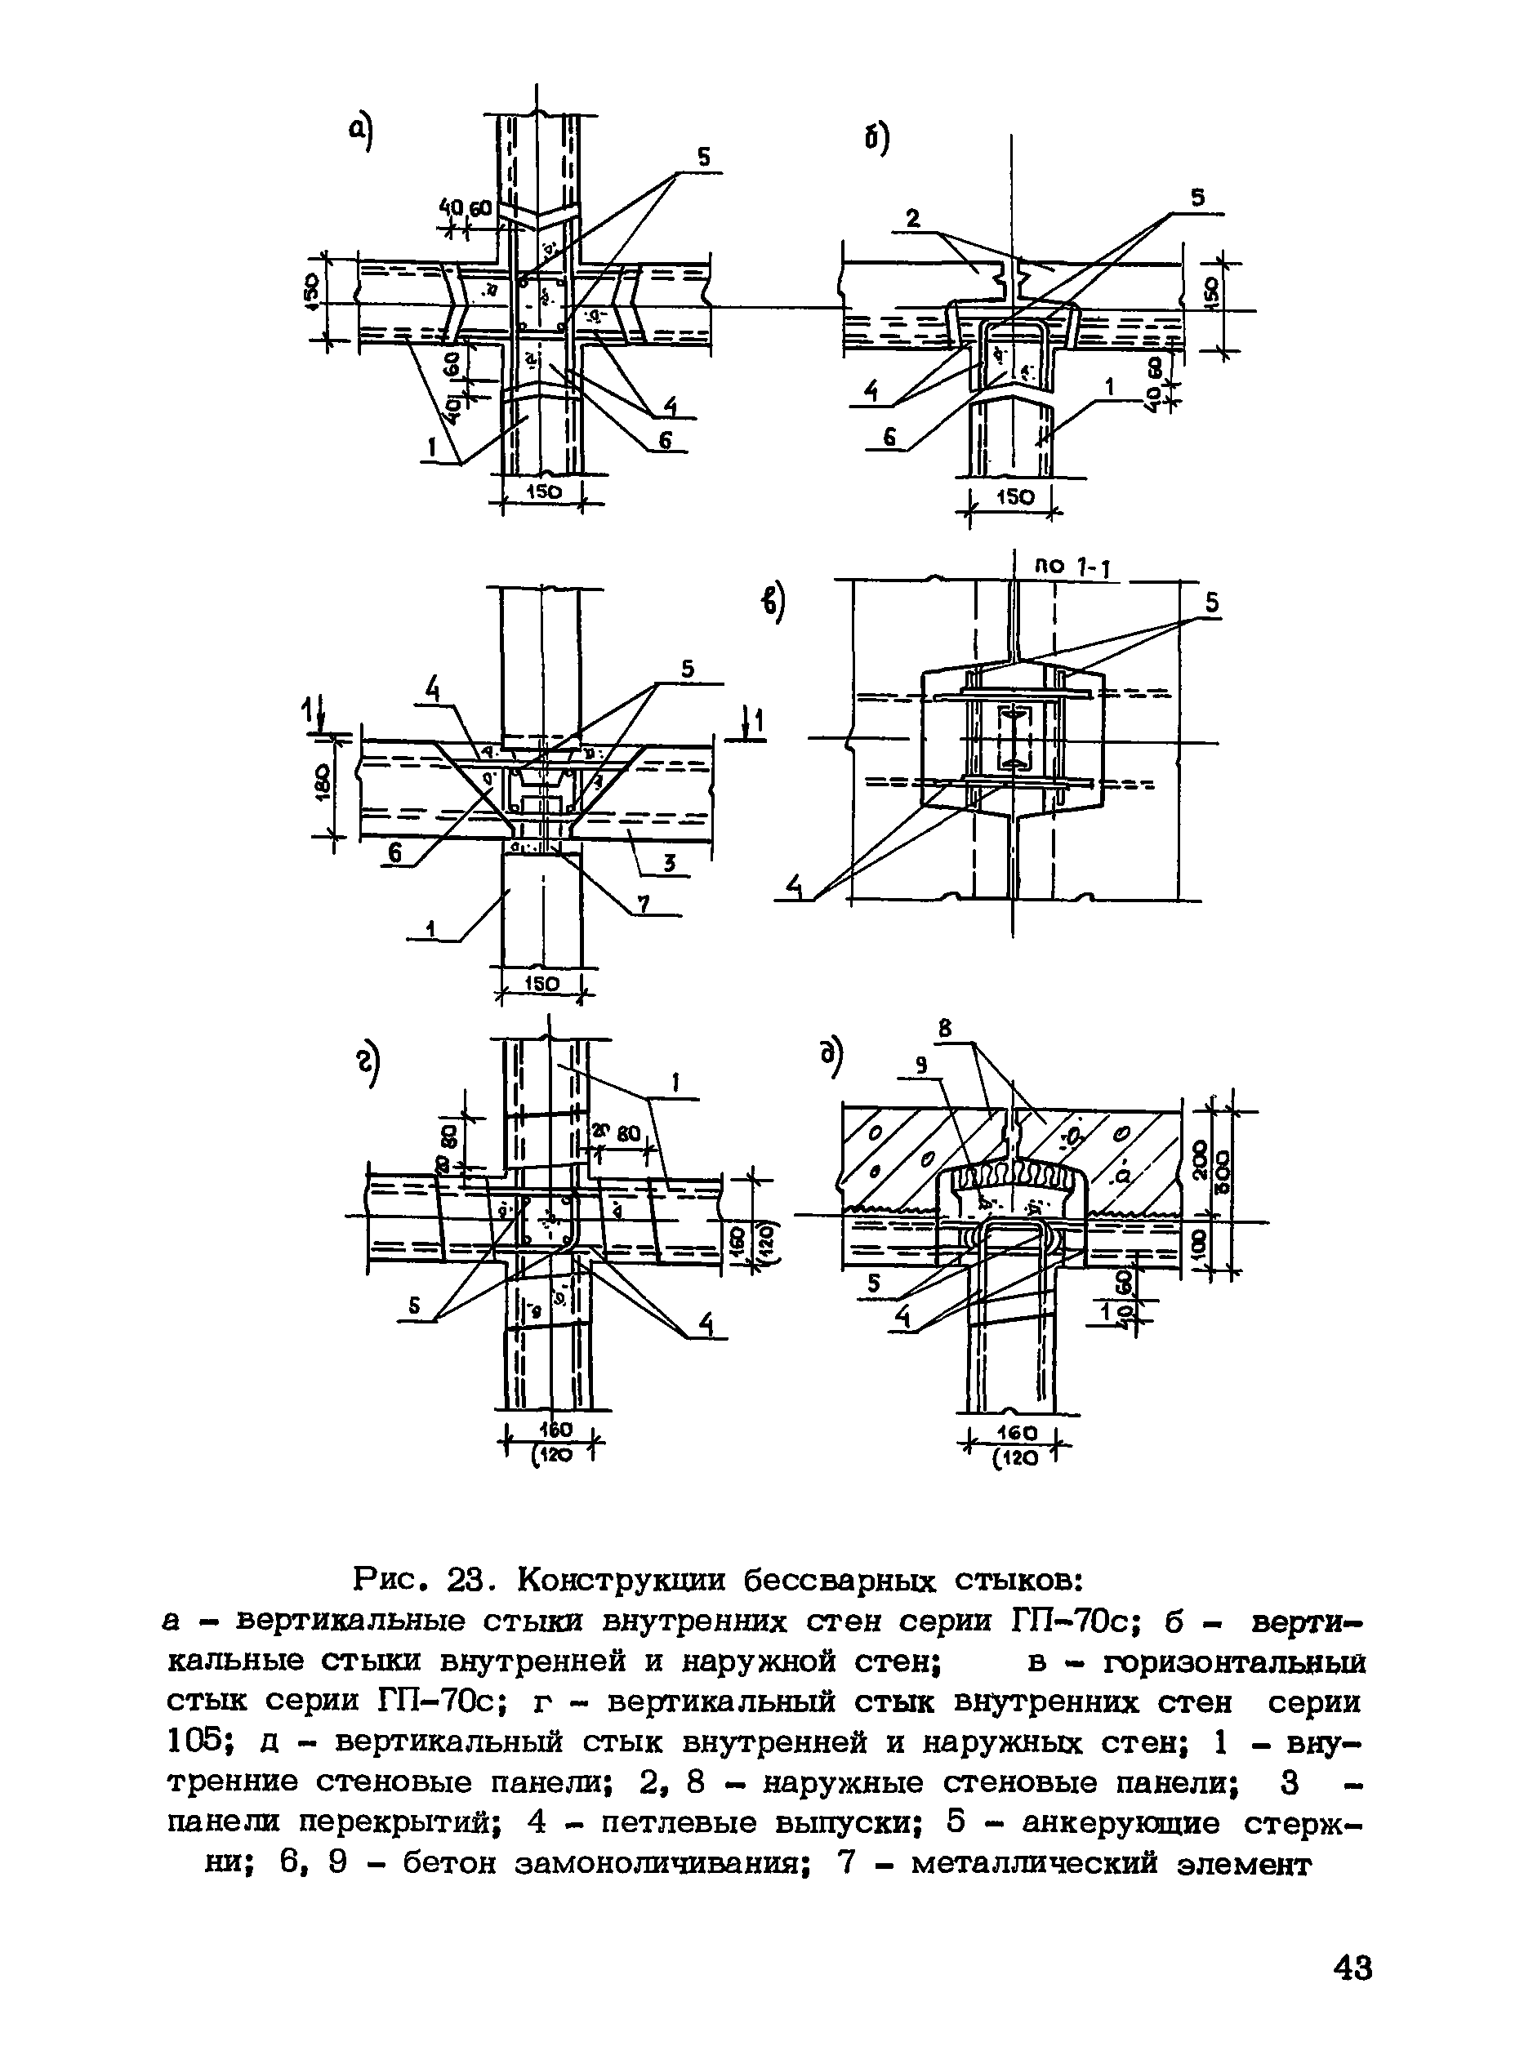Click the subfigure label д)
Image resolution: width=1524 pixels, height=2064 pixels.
(x=832, y=1058)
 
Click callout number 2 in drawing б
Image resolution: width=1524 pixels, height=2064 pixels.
(x=912, y=220)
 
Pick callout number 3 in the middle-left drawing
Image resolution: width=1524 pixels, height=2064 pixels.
(x=669, y=863)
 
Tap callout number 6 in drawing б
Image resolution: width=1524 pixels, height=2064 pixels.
(x=889, y=438)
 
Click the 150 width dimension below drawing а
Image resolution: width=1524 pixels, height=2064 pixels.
(x=543, y=492)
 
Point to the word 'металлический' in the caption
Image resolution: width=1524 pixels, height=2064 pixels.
(x=1033, y=1864)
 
